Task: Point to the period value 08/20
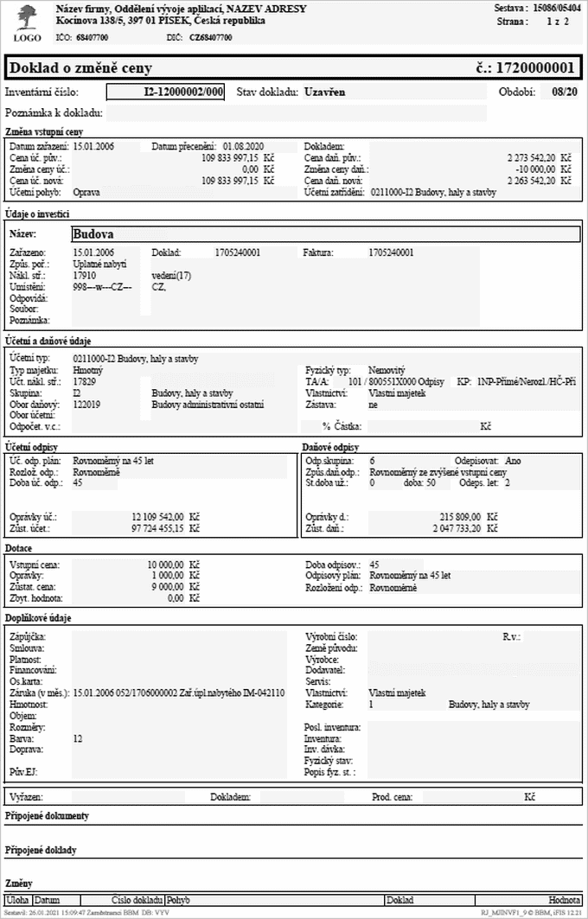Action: pyautogui.click(x=564, y=92)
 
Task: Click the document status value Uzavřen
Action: pyautogui.click(x=328, y=92)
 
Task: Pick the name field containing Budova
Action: pyautogui.click(x=324, y=233)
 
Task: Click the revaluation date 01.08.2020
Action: pyautogui.click(x=243, y=147)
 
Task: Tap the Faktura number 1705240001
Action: pyautogui.click(x=391, y=252)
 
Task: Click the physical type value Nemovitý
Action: pyautogui.click(x=387, y=369)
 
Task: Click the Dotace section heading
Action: pyautogui.click(x=20, y=549)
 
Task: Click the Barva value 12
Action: pyautogui.click(x=78, y=739)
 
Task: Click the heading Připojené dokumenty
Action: pyautogui.click(x=47, y=816)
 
